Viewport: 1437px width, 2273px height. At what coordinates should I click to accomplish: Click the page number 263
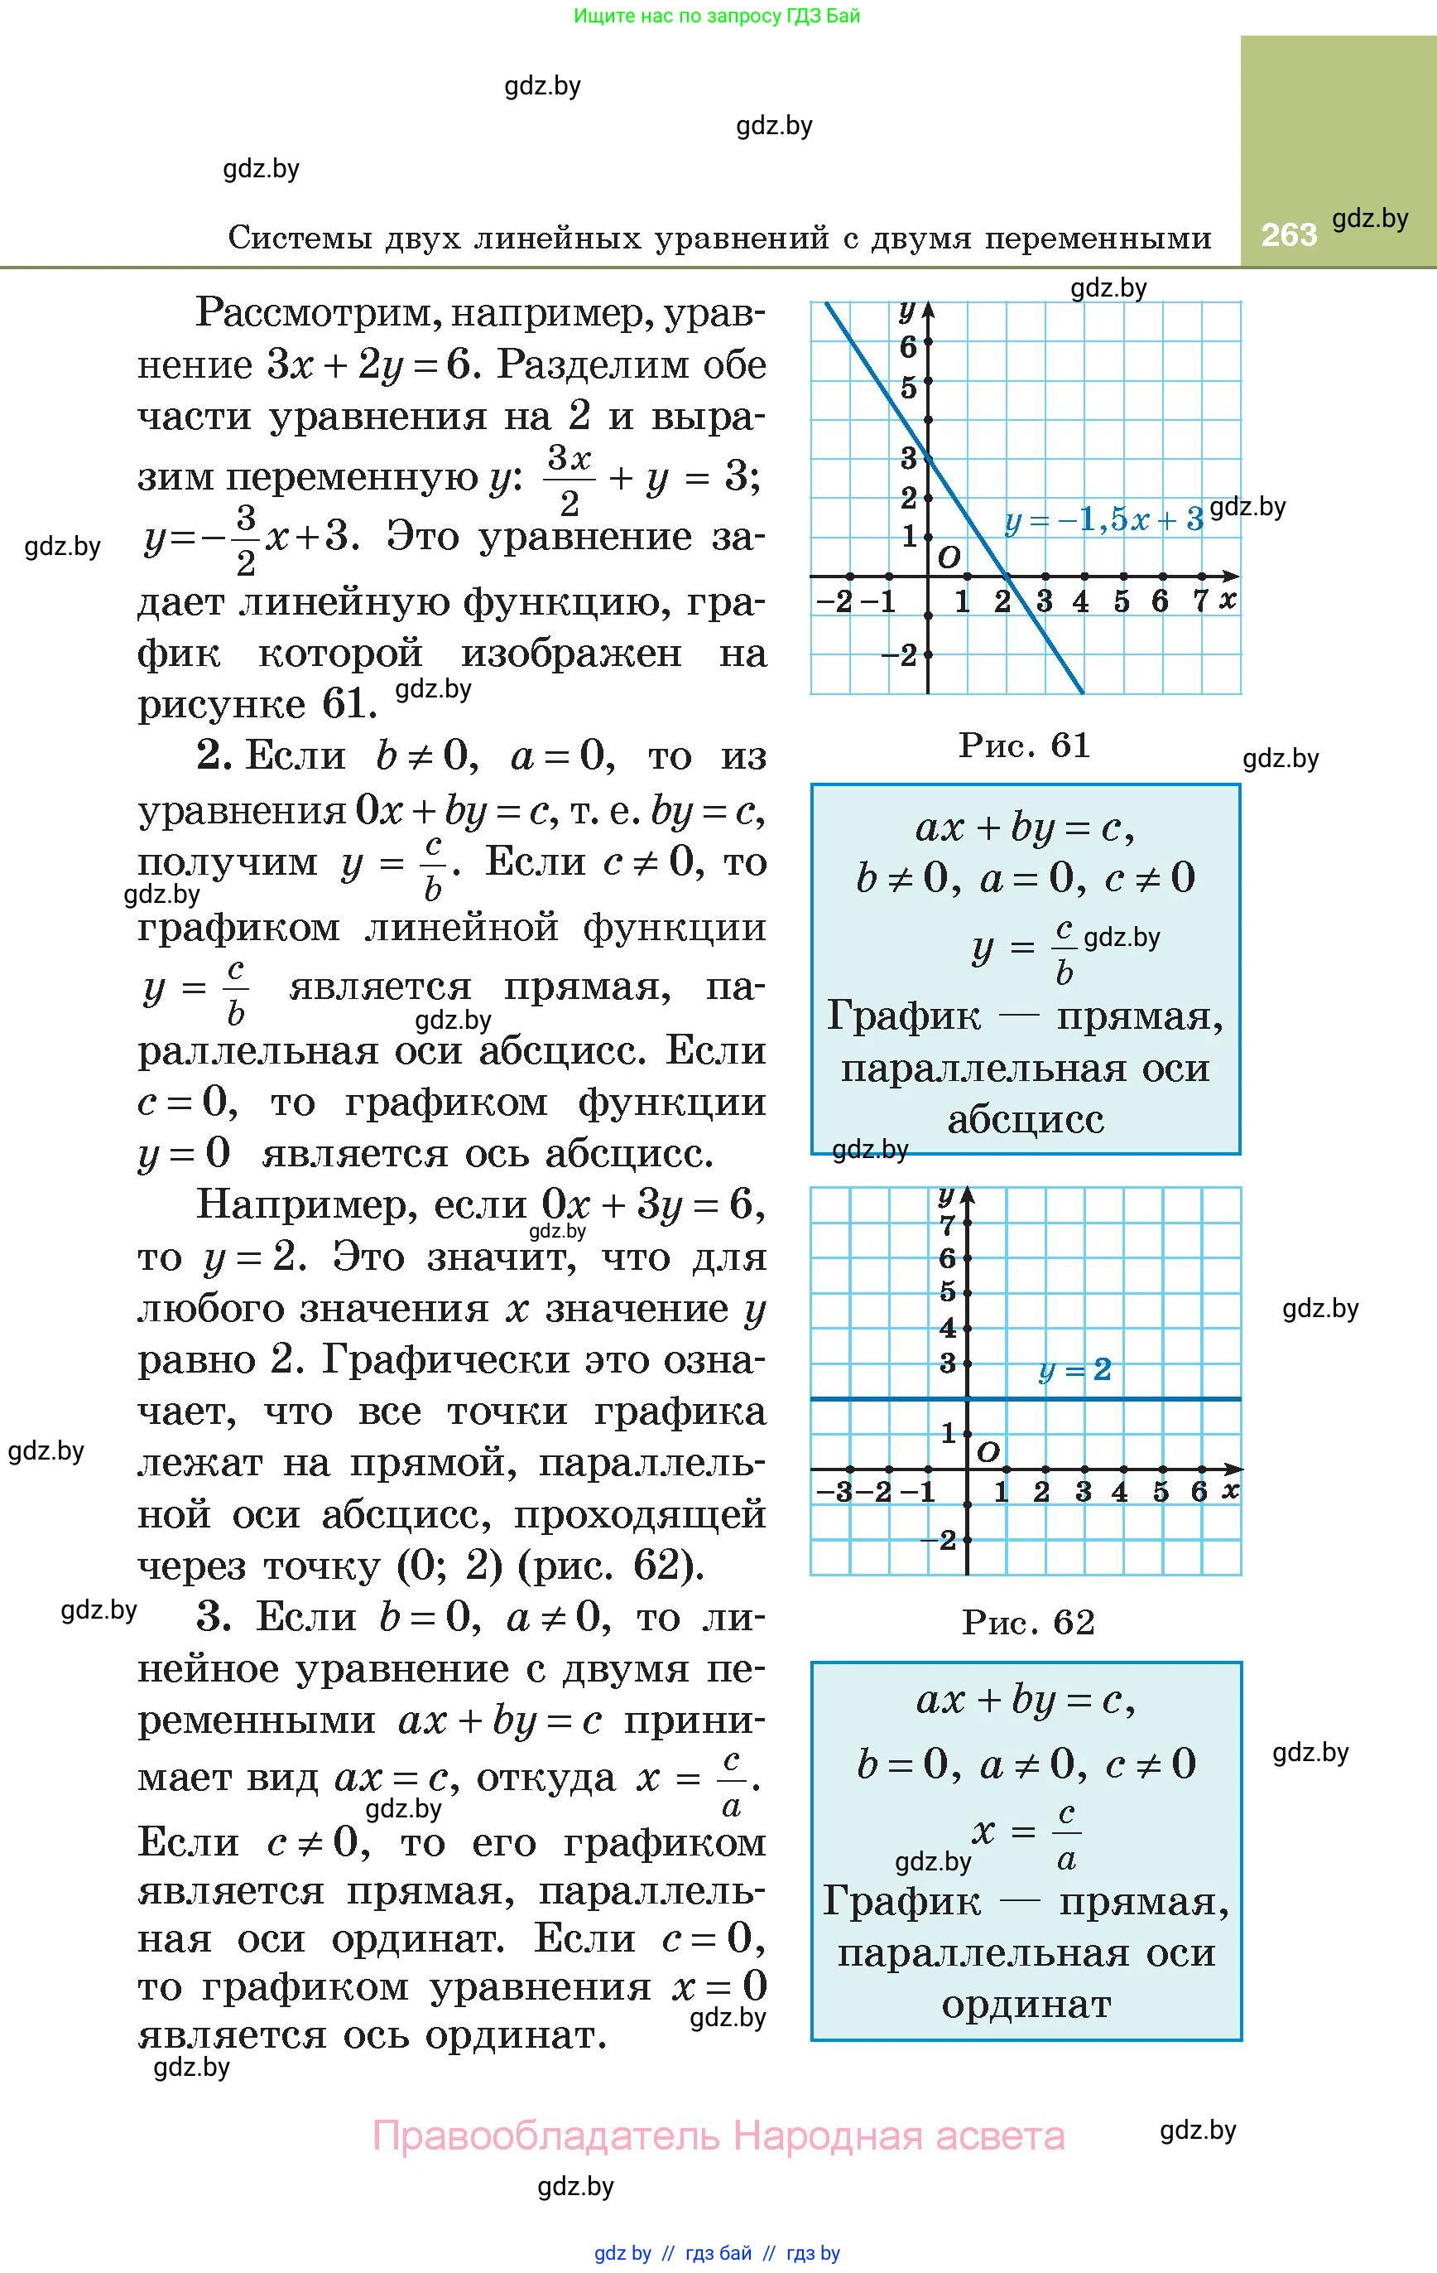click(x=1288, y=234)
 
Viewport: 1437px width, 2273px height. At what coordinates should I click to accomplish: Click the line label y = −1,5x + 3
click(x=1103, y=519)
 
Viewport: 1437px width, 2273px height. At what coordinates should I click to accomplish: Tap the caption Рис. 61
click(x=1024, y=745)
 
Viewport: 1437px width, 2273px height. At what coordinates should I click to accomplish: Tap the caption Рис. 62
click(x=1027, y=1622)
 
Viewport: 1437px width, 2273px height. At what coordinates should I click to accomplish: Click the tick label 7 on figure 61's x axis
click(x=1200, y=601)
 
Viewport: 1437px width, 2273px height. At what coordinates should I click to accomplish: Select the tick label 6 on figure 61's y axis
click(x=908, y=347)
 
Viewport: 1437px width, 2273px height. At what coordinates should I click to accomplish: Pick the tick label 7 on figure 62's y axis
click(x=947, y=1226)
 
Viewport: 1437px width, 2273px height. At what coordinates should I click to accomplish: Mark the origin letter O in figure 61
click(x=949, y=557)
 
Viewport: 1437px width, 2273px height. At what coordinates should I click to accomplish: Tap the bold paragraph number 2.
click(x=214, y=756)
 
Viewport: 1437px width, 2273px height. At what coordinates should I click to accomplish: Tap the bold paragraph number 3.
click(x=214, y=1617)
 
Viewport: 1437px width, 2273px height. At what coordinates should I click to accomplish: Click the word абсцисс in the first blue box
click(x=1026, y=1119)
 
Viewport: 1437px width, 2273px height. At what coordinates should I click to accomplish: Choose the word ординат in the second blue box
click(x=1026, y=2004)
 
